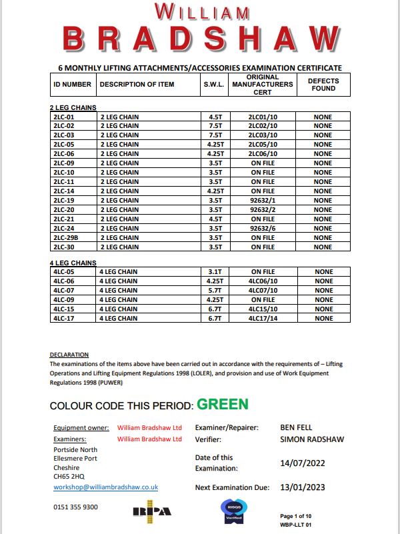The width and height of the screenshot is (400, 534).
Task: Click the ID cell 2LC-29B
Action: click(x=65, y=238)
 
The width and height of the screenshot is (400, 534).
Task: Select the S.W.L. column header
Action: click(x=214, y=85)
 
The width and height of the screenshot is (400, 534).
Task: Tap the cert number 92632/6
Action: click(x=263, y=229)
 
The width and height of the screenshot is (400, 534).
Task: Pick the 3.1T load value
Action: click(x=214, y=272)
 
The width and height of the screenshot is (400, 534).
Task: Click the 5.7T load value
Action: click(x=214, y=291)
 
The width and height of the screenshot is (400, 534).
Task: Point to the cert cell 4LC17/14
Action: click(x=263, y=319)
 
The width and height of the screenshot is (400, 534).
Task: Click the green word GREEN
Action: click(x=223, y=405)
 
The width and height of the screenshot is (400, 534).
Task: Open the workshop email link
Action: click(x=105, y=487)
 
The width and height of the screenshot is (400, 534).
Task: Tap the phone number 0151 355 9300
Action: click(x=75, y=507)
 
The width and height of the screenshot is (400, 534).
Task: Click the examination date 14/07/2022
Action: click(x=304, y=462)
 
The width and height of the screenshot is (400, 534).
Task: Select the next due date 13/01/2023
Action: click(x=304, y=487)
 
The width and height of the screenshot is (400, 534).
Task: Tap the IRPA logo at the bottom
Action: click(x=151, y=511)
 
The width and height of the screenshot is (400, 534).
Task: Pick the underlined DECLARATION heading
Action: click(x=69, y=355)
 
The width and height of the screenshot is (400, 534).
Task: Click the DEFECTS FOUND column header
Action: click(x=323, y=85)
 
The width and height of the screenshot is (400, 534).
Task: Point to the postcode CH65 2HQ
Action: click(x=69, y=477)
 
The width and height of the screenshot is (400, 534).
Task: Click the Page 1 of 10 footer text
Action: click(x=301, y=517)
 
